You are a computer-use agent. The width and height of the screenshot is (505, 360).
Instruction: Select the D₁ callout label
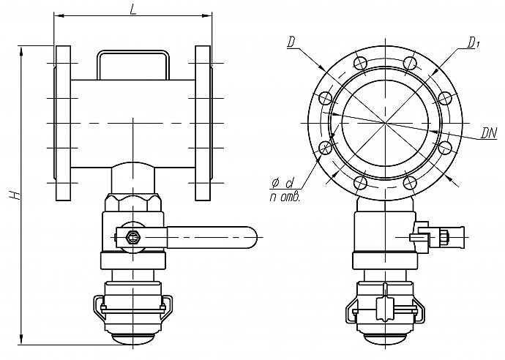(473, 42)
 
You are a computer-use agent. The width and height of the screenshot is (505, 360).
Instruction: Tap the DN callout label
(489, 132)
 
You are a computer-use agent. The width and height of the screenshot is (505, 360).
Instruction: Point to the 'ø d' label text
(283, 183)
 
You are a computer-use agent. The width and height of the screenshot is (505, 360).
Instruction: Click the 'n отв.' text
(285, 197)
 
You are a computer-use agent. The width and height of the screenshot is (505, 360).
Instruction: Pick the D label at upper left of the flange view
(291, 42)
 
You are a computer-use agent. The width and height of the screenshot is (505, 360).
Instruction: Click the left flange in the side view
(63, 124)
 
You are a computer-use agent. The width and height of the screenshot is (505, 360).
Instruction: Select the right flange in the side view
(203, 124)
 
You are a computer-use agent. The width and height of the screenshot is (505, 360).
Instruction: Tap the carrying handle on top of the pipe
(133, 51)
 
